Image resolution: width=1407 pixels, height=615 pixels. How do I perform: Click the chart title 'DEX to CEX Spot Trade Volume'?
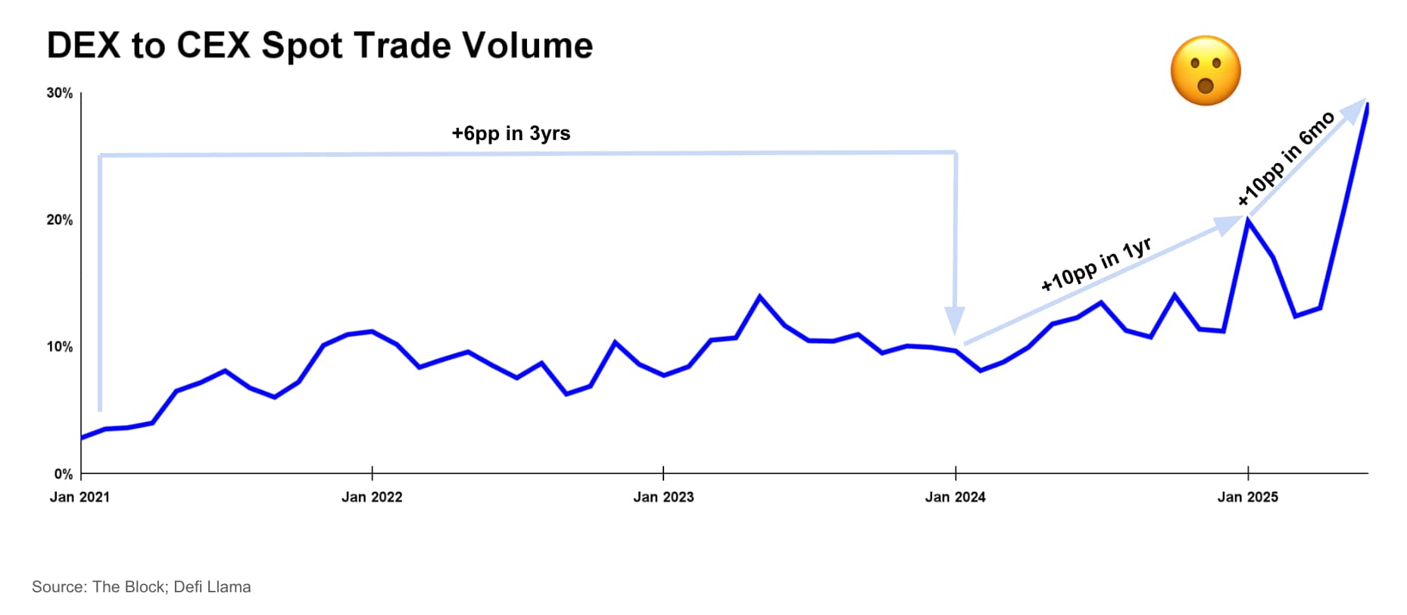320,45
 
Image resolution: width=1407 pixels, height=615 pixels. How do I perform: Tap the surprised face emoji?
1205,70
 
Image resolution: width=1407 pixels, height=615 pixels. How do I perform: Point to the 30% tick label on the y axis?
60,93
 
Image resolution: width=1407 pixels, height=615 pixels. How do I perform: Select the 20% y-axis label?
60,220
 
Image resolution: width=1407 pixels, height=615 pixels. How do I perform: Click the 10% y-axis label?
60,347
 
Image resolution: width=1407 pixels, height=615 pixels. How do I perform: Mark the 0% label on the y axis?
64,474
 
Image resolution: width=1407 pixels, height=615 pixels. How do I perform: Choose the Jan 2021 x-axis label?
80,497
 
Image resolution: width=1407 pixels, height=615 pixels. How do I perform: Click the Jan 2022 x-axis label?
372,497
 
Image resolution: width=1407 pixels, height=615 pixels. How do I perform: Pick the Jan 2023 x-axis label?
663,497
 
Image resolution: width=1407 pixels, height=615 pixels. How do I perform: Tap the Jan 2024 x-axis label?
955,497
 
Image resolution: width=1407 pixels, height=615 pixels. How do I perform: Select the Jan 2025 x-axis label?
1247,497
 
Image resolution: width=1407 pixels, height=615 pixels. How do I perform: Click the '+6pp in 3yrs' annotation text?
510,133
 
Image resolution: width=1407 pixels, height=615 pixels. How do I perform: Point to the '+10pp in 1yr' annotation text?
1096,264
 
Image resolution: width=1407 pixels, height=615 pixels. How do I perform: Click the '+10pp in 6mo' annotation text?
1285,158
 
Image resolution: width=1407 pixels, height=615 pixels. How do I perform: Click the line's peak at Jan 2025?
1247,220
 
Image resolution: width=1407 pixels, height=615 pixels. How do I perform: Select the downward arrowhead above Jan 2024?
954,320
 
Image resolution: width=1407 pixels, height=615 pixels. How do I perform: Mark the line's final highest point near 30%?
1367,105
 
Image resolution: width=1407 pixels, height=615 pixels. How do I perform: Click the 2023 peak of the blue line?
760,296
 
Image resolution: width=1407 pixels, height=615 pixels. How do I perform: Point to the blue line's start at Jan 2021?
82,438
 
